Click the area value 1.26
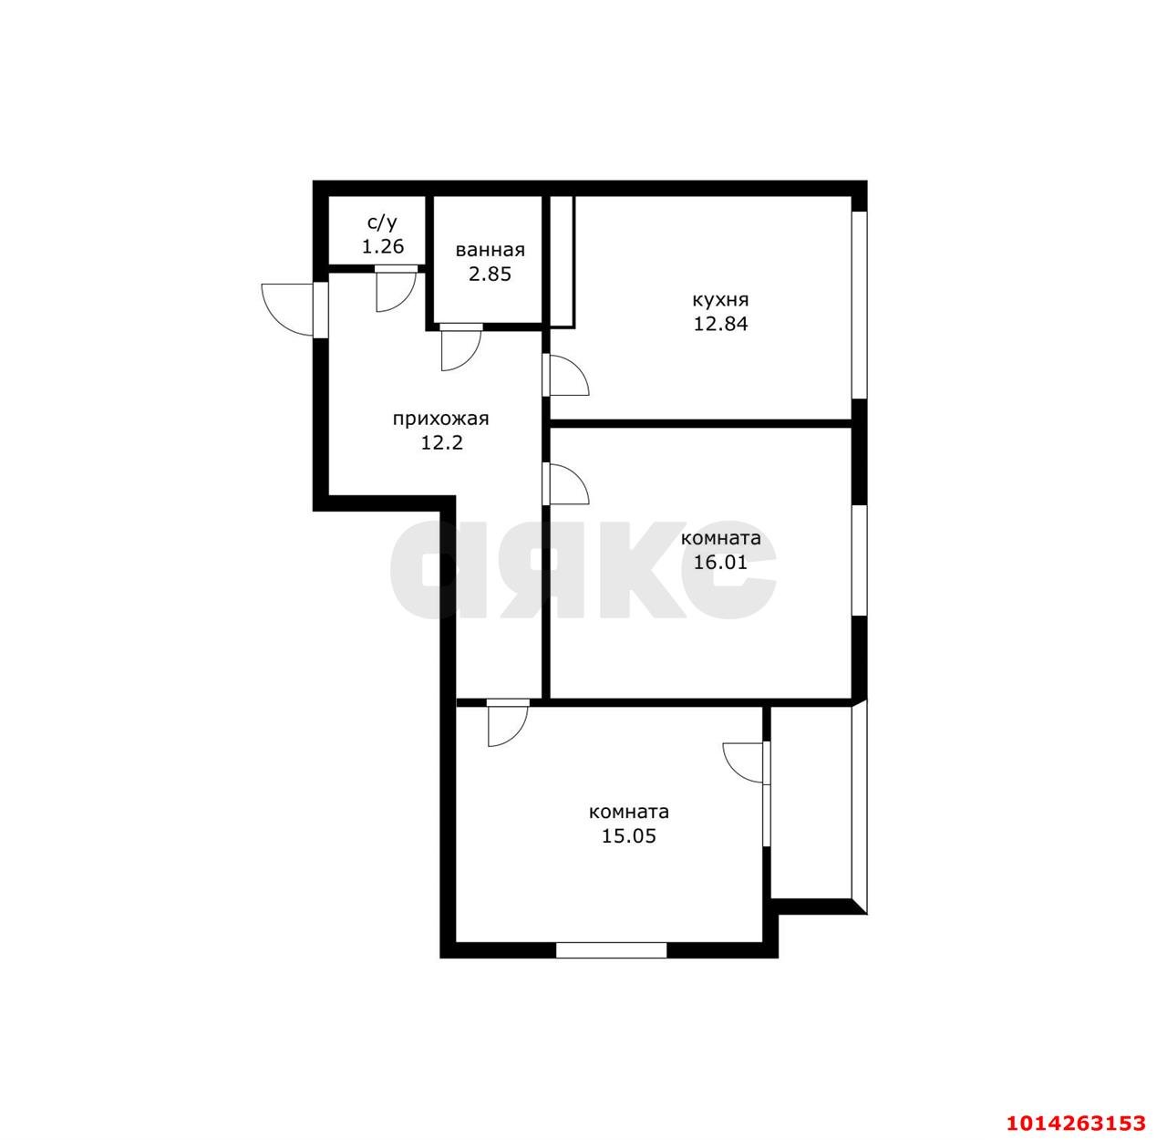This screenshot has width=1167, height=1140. (x=383, y=246)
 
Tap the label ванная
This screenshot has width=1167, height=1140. (x=490, y=250)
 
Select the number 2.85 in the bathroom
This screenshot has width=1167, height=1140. (x=490, y=275)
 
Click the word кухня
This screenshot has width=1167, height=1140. (x=721, y=300)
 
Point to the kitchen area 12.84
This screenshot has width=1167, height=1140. (x=721, y=324)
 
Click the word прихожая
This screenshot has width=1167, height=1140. (x=440, y=419)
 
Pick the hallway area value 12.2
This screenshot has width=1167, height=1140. (x=442, y=443)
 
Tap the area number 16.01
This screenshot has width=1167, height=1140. (x=721, y=562)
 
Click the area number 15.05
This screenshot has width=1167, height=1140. (x=629, y=835)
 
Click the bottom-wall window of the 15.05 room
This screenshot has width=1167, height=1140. (x=611, y=950)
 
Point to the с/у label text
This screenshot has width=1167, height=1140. (x=382, y=223)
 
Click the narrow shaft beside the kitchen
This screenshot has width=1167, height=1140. (x=562, y=262)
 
